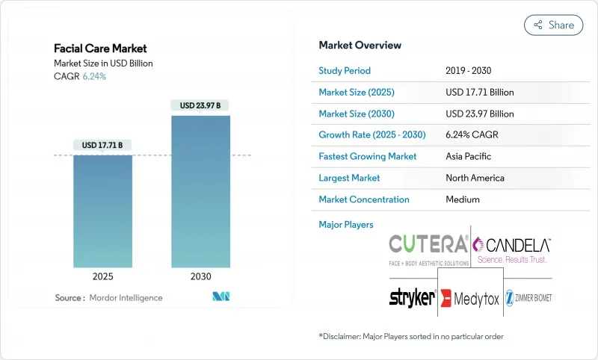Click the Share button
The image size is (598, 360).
click(x=553, y=25)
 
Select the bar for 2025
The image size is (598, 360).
click(x=103, y=211)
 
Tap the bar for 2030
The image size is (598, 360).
click(x=200, y=191)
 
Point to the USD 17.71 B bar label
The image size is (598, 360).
click(x=103, y=145)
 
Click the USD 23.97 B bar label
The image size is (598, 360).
click(x=200, y=105)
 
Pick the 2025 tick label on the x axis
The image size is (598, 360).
click(x=103, y=276)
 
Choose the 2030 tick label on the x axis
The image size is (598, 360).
click(x=200, y=276)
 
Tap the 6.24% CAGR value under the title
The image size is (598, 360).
click(x=94, y=76)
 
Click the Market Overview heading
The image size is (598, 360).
click(x=360, y=45)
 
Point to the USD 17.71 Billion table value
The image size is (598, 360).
click(x=479, y=93)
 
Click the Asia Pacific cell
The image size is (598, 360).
click(x=468, y=157)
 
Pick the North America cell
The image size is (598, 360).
click(x=475, y=179)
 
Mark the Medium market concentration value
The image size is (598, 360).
click(x=462, y=199)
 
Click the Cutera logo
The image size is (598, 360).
click(x=429, y=248)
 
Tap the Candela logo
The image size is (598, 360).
click(x=513, y=248)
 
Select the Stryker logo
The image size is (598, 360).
click(x=412, y=298)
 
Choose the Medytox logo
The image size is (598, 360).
click(x=469, y=298)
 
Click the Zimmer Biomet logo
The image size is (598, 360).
click(x=528, y=297)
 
